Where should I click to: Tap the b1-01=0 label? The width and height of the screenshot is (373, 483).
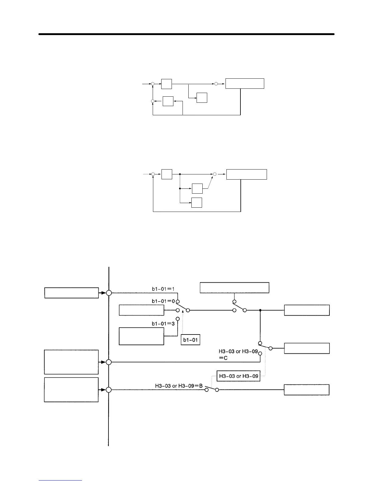click(x=163, y=301)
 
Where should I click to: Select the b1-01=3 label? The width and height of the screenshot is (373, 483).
click(x=163, y=324)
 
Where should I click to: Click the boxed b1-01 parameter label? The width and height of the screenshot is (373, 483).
click(x=190, y=340)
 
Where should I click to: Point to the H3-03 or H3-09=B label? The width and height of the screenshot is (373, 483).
click(x=179, y=386)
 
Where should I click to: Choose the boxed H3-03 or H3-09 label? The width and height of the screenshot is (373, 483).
click(x=238, y=376)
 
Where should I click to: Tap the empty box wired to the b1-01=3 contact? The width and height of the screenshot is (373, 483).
click(x=141, y=336)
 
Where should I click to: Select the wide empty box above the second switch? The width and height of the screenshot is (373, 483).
click(x=234, y=288)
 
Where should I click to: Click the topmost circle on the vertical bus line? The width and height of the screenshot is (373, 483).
click(x=109, y=293)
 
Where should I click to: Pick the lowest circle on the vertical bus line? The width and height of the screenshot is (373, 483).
click(x=109, y=390)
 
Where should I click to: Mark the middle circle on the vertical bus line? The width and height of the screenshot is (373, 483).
click(x=109, y=362)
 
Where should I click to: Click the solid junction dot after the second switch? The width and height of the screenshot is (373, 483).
click(x=260, y=310)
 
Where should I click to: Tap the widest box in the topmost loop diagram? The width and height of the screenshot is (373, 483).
click(x=245, y=84)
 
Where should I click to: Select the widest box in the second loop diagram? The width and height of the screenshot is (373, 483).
click(x=247, y=174)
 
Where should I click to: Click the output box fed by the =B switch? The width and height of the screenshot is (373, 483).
click(x=307, y=390)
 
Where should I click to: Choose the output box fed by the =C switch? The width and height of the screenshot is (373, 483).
click(x=307, y=348)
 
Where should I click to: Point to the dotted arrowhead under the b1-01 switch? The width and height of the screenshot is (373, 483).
click(x=183, y=311)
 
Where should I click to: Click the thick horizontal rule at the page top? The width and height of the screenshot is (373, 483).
click(x=187, y=34)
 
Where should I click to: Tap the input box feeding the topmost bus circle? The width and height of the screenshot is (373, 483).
click(x=72, y=293)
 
